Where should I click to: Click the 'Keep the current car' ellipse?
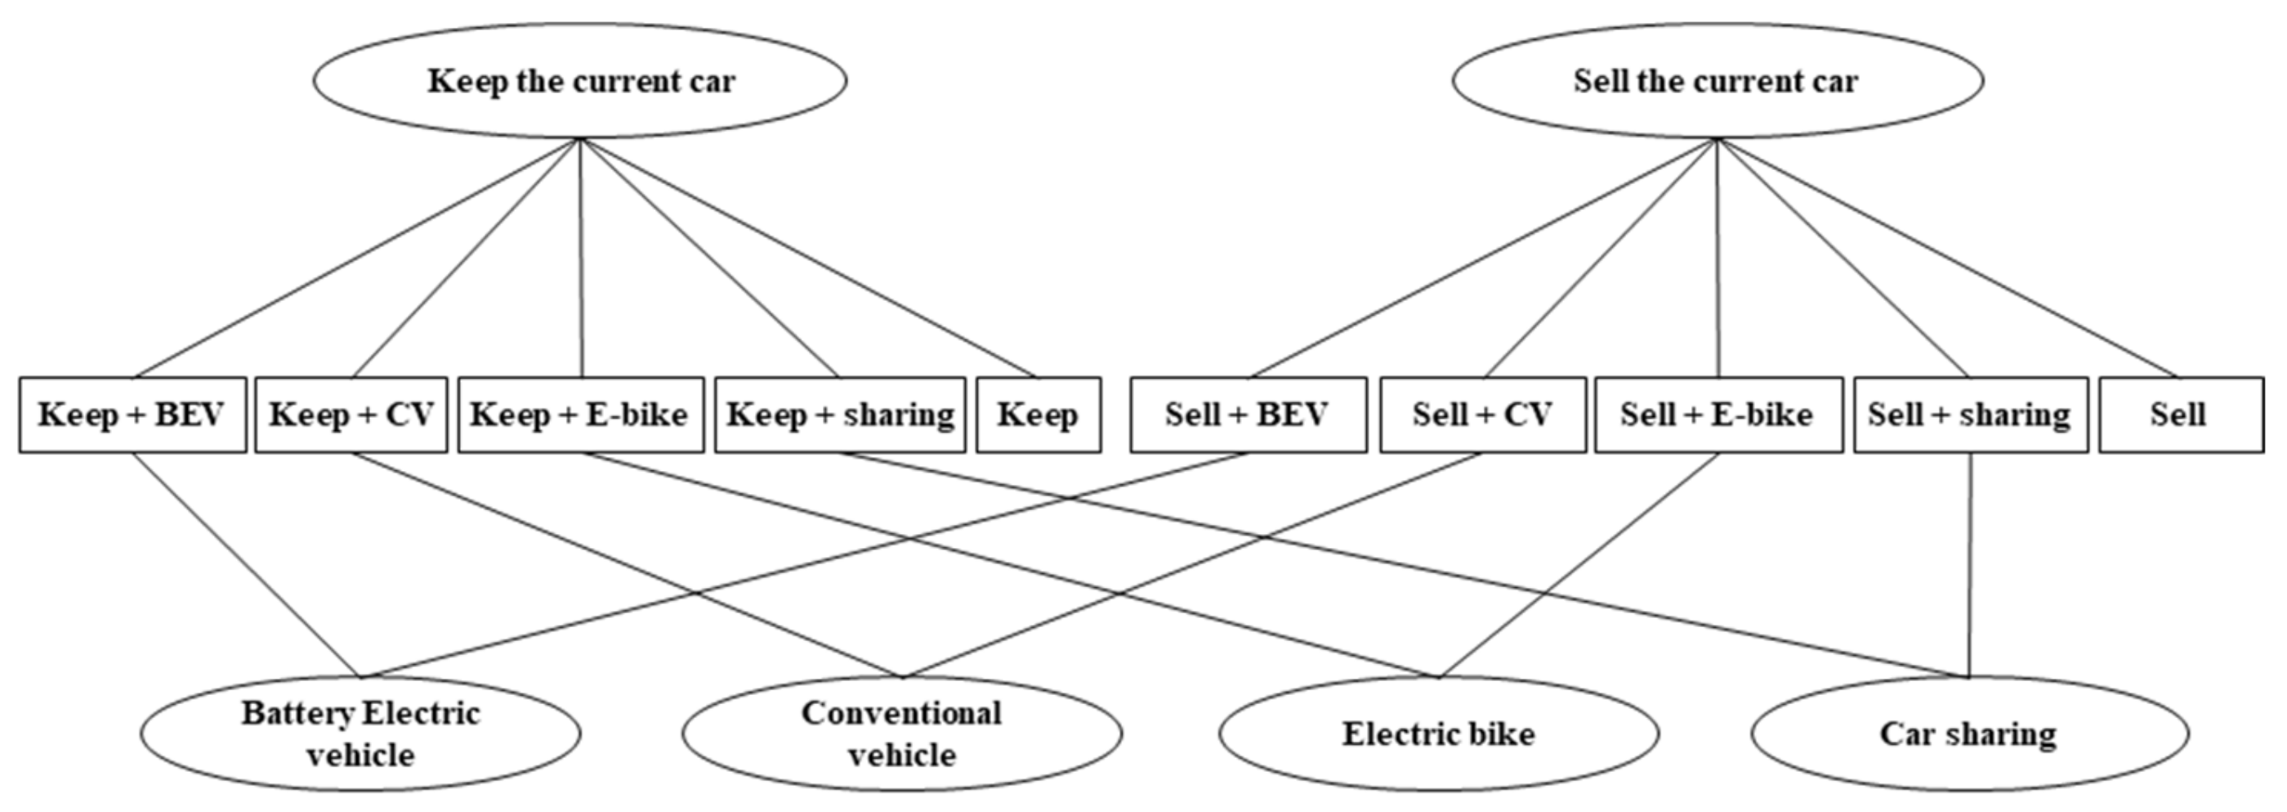pyautogui.click(x=580, y=81)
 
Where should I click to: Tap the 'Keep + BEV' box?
pyautogui.click(x=132, y=415)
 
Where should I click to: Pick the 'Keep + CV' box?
pyautogui.click(x=351, y=415)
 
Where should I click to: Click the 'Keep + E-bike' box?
pyautogui.click(x=581, y=415)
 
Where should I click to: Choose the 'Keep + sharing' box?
pyautogui.click(x=840, y=415)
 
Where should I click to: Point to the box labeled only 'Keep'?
pyautogui.click(x=1038, y=415)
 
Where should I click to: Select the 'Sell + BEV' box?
pyautogui.click(x=1248, y=415)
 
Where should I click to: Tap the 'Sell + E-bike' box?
pyautogui.click(x=1718, y=415)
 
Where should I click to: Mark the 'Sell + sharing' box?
pyautogui.click(x=1970, y=415)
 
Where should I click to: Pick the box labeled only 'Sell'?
pyautogui.click(x=2180, y=415)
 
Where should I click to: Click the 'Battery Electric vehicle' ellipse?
pyautogui.click(x=360, y=733)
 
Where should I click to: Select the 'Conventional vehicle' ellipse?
pyautogui.click(x=901, y=733)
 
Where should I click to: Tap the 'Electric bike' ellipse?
pyautogui.click(x=1438, y=733)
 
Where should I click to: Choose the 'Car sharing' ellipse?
pyautogui.click(x=1969, y=733)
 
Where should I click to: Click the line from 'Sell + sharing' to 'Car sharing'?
pyautogui.click(x=1971, y=568)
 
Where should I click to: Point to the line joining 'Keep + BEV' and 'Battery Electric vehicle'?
pyautogui.click(x=247, y=566)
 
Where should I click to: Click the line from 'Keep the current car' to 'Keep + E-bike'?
pyautogui.click(x=582, y=258)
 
